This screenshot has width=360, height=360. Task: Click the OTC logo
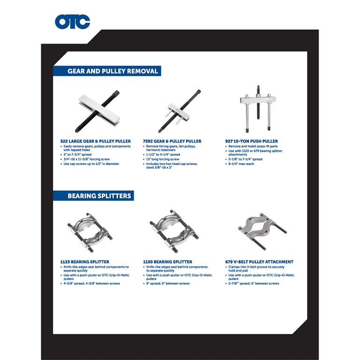click(x=72, y=22)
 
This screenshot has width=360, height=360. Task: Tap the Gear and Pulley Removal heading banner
click(x=107, y=71)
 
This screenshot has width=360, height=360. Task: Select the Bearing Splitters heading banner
click(x=93, y=195)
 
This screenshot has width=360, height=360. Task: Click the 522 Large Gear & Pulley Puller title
click(x=96, y=141)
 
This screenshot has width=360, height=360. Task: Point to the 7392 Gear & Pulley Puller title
click(x=172, y=141)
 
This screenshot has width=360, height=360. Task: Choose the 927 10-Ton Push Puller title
click(x=251, y=141)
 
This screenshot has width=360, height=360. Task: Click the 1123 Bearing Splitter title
click(x=85, y=262)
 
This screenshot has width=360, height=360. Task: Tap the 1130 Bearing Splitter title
click(x=168, y=262)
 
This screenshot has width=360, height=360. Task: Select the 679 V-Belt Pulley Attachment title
click(x=259, y=262)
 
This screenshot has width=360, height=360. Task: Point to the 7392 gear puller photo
click(x=180, y=111)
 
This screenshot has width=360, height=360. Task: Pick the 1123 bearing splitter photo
click(x=90, y=232)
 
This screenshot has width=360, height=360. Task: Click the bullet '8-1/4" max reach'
click(x=240, y=164)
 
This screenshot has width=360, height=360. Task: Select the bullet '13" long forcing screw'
click(x=161, y=159)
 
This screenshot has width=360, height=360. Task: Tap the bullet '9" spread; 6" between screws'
click(x=166, y=283)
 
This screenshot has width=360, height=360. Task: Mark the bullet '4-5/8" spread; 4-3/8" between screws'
click(x=90, y=283)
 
